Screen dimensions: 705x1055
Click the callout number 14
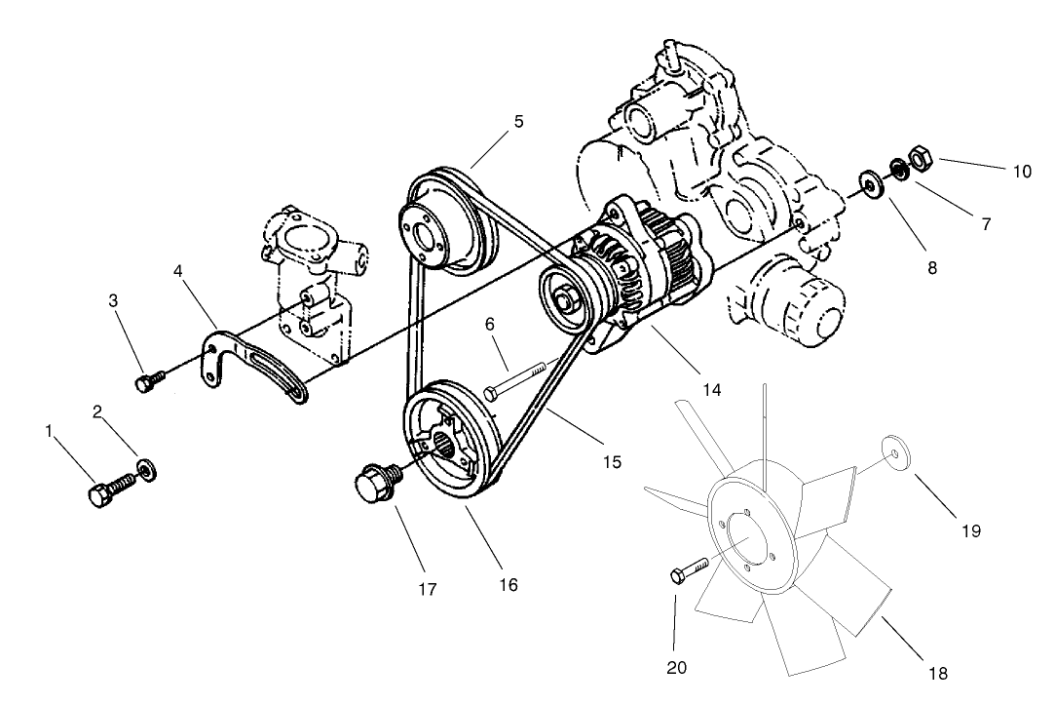coord(712,390)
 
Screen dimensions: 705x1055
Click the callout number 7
coord(986,224)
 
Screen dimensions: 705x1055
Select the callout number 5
coord(518,122)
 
